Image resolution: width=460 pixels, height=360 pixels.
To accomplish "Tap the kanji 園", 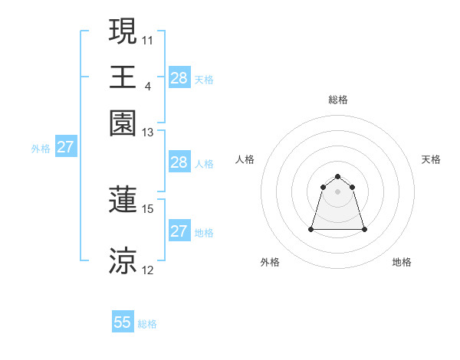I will point(123,123).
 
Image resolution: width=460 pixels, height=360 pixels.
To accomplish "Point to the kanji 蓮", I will point(123,200).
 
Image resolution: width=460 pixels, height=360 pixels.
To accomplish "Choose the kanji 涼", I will point(123,260).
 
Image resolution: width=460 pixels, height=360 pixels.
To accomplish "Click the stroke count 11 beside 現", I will point(148,39).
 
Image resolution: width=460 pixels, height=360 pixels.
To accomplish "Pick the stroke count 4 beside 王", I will point(147,85).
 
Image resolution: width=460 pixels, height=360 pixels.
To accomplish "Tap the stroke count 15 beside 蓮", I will point(148,208).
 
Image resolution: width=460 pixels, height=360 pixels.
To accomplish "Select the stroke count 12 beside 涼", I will point(148,270).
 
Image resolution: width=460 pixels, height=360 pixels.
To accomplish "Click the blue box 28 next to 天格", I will point(179,78).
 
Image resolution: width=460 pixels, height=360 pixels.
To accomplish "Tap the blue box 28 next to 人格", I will point(179,162).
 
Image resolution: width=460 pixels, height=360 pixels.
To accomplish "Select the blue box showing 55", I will point(123,322).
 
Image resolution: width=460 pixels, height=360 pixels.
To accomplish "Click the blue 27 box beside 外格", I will point(65,148).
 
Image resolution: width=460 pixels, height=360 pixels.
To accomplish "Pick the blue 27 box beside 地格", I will point(179,231).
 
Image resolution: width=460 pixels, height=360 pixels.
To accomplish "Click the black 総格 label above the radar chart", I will point(338,100).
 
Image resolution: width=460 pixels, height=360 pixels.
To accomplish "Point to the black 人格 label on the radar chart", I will point(245,159).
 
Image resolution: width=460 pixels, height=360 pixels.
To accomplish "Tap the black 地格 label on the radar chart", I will point(402,262).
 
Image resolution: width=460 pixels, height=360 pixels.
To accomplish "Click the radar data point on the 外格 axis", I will point(311,229).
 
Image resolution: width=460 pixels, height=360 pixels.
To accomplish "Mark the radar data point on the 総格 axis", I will point(338,177).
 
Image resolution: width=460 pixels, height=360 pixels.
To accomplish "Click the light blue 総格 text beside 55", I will point(147,324).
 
